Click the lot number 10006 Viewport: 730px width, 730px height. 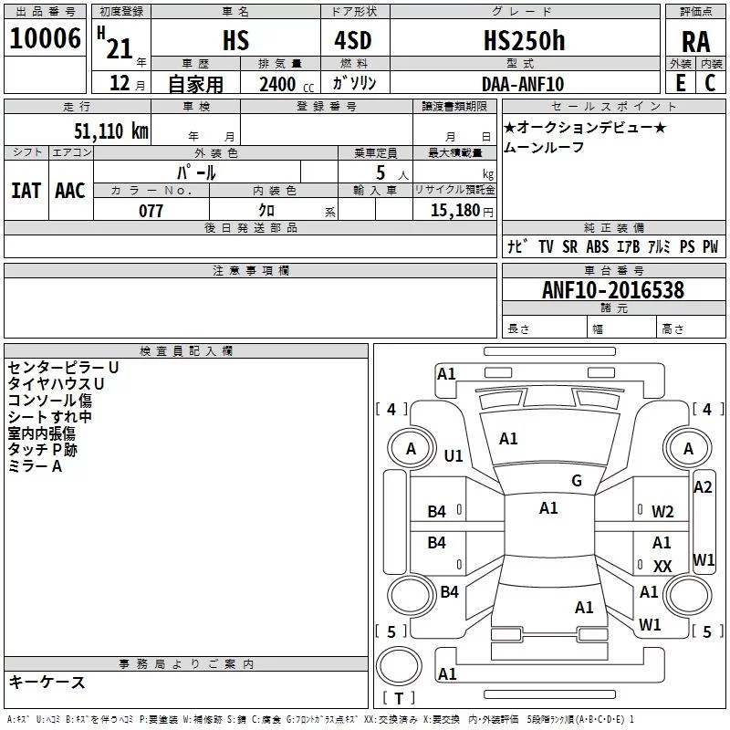45,38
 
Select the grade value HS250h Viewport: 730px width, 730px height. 524,40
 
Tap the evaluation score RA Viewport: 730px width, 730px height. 695,42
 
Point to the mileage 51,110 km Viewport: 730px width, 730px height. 111,130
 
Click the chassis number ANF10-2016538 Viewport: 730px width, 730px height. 613,290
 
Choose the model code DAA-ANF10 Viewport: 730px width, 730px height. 523,84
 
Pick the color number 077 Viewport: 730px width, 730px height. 151,211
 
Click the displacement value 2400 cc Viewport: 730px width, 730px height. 287,85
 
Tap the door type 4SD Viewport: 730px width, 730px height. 353,40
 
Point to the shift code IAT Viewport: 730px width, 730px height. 26,191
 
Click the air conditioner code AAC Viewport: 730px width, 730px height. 70,191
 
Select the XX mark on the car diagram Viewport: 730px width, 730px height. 662,566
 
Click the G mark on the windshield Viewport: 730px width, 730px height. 577,481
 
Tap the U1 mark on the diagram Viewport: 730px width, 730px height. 454,455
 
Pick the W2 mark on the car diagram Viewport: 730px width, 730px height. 662,512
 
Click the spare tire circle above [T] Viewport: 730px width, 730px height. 399,666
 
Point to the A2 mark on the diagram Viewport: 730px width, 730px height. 703,487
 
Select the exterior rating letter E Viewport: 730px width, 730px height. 681,83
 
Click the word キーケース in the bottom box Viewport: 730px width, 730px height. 47,682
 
